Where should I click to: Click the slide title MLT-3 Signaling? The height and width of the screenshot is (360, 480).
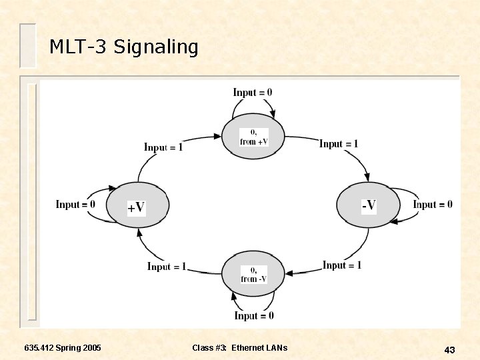pos(124,47)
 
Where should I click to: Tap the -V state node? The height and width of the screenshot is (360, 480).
pos(368,205)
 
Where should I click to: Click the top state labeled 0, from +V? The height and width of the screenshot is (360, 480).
pos(253,137)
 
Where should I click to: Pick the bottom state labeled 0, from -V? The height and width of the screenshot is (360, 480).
pos(253,274)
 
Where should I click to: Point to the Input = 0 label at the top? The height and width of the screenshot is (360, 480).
pos(253,92)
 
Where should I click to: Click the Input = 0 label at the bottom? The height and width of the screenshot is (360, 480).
pos(254,315)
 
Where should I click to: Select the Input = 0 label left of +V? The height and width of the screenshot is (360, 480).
pos(75,204)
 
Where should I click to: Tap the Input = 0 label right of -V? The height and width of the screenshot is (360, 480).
pos(433,204)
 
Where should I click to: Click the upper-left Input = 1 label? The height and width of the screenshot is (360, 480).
pos(163,147)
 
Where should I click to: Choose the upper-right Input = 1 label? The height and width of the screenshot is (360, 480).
pos(339,143)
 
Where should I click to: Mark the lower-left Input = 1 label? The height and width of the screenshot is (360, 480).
pos(167,266)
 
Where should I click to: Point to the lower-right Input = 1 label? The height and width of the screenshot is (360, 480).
pos(342,265)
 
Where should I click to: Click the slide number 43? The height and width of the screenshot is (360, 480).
pos(449,350)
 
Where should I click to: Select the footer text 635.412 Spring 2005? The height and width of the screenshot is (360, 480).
pos(63,348)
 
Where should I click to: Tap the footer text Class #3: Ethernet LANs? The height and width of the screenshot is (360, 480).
pos(240,348)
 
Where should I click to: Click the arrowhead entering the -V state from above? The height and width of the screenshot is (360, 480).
pos(366,177)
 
